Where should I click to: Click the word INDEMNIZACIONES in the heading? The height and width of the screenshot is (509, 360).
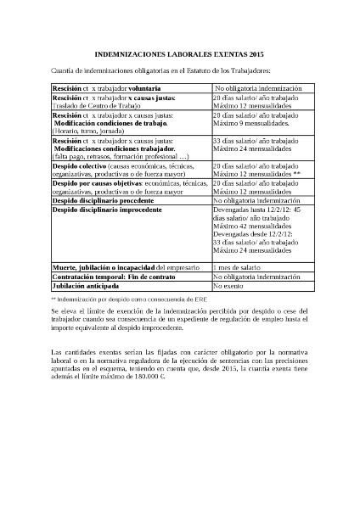coord(128,53)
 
